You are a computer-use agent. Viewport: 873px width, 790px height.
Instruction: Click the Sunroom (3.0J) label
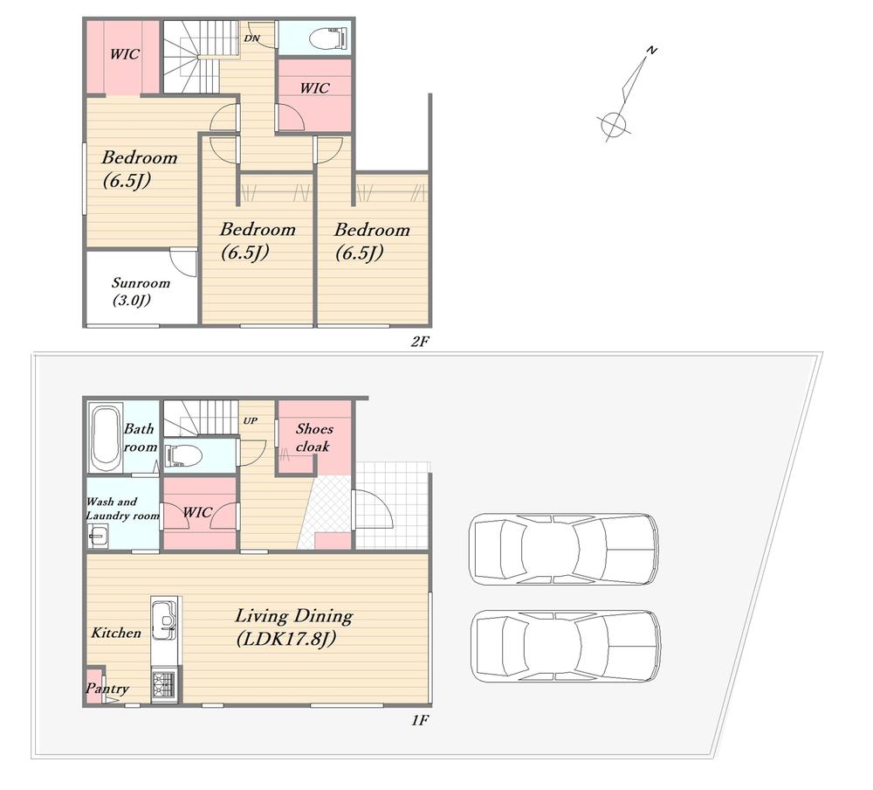click(141, 291)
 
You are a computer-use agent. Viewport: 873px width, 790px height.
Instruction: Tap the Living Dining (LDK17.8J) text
click(293, 627)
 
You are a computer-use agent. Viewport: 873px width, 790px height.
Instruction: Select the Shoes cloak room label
click(314, 437)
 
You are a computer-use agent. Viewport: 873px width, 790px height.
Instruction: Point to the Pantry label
click(107, 689)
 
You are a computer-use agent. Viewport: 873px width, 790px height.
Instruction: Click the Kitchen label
click(116, 633)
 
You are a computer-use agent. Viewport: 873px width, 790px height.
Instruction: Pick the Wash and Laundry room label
click(122, 509)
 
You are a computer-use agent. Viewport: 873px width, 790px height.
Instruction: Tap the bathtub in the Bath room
click(106, 439)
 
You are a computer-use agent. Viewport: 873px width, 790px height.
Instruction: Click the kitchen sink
click(165, 617)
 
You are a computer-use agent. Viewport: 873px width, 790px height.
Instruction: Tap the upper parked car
click(563, 549)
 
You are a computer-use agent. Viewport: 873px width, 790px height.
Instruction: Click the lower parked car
click(566, 647)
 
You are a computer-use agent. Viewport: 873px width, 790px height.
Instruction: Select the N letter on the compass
click(651, 51)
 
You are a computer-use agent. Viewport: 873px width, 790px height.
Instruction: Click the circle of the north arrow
click(613, 123)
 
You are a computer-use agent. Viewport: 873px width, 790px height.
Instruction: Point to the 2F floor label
click(421, 341)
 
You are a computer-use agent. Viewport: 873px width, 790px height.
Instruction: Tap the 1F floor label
click(421, 720)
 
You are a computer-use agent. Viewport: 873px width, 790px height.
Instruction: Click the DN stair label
click(251, 38)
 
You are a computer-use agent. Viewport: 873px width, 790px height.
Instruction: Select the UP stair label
click(250, 420)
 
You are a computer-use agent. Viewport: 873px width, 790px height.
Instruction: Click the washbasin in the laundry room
click(98, 537)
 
